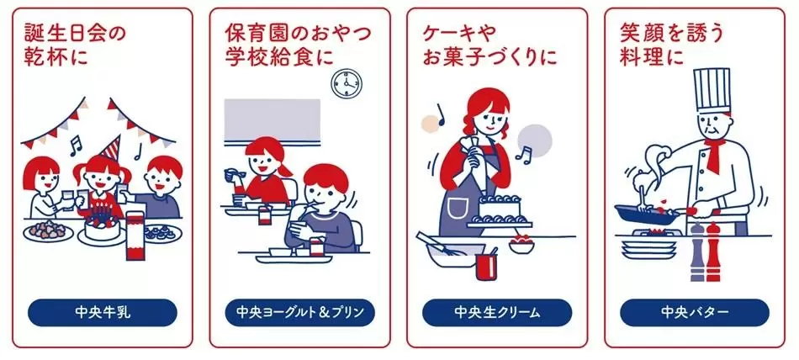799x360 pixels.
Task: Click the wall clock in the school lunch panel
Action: point(347,83)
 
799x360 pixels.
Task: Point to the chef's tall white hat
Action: point(712,90)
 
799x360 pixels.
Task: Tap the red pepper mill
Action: point(713,251)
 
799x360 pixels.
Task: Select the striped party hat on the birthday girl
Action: point(111,148)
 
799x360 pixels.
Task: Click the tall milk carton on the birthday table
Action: point(135,234)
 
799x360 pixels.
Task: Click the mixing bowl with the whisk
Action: point(452,254)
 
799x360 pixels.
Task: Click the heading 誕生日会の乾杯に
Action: point(75,45)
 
